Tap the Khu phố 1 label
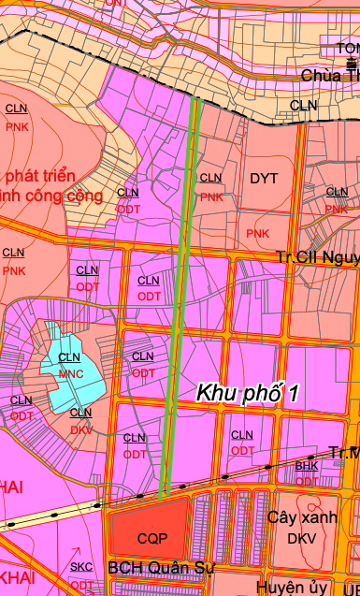point(247,394)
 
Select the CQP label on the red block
point(151,539)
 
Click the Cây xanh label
point(301,517)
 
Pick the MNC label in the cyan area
point(71,373)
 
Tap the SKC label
point(81,567)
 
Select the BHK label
point(307,465)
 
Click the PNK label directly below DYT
point(258,232)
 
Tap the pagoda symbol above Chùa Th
point(350,58)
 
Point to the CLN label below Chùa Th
point(304,106)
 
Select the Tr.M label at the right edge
point(344,453)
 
